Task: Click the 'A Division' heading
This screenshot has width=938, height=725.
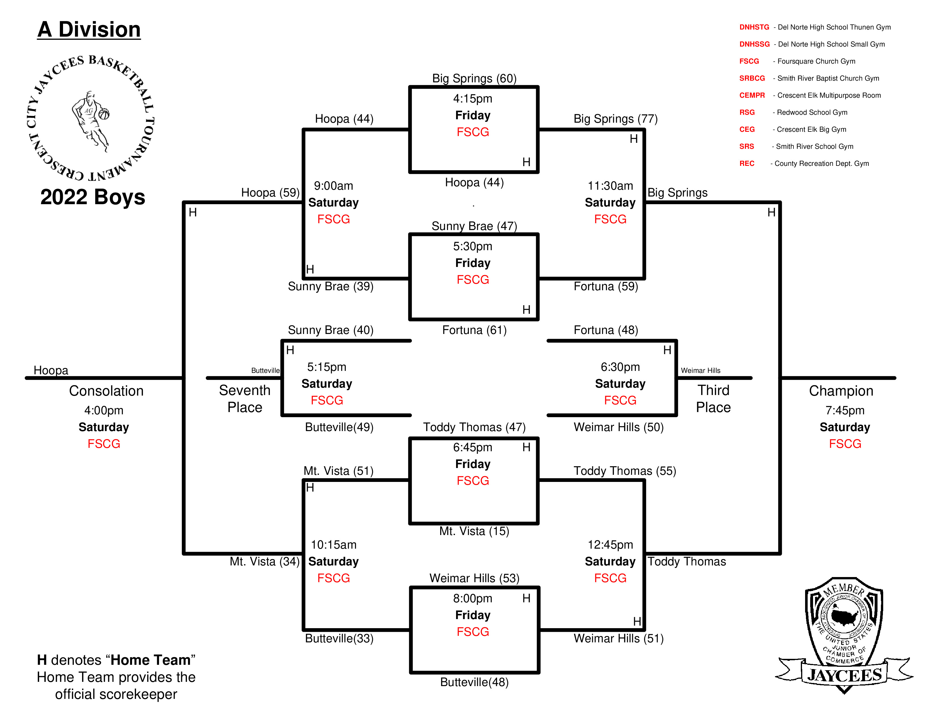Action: pos(89,30)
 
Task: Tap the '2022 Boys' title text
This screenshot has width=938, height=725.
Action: pos(93,197)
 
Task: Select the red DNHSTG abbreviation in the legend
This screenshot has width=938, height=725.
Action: pos(754,27)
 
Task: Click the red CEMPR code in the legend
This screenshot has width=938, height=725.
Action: pos(752,95)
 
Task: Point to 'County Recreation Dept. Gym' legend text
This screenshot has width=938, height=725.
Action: pos(822,164)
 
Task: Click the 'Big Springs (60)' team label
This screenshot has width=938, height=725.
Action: pos(474,79)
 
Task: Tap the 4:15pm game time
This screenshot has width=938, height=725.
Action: pos(473,99)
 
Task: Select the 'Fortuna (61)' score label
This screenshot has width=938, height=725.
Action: pos(475,330)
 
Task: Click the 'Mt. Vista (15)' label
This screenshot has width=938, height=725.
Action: pos(474,531)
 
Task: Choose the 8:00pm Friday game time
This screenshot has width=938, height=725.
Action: pos(473,598)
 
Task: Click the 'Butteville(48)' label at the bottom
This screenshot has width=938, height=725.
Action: pos(475,682)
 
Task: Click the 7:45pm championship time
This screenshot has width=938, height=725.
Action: pos(845,411)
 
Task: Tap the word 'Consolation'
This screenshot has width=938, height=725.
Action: pos(106,391)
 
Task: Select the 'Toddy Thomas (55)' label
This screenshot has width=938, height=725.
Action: pos(625,471)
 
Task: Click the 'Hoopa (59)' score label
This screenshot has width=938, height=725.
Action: pos(271,193)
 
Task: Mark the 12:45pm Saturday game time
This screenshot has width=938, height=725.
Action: pos(610,545)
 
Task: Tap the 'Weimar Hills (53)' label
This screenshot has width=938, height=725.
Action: pos(475,578)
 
